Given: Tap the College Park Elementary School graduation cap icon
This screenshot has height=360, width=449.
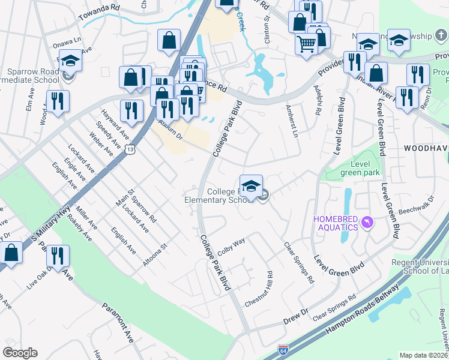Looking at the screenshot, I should click(252, 185).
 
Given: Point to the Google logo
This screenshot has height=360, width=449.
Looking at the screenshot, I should click(20, 352).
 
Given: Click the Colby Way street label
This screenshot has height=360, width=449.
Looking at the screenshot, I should click(231, 247).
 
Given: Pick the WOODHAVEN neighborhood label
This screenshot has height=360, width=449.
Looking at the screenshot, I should click(426, 147).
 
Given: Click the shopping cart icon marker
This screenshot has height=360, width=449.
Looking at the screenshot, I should click(306, 43).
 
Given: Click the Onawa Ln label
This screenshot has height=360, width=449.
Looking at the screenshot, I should click(66, 44).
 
